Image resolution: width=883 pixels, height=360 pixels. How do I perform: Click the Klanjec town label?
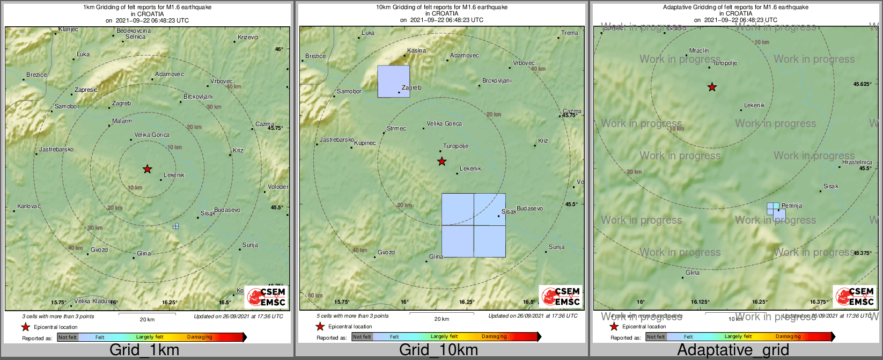tap(68, 29)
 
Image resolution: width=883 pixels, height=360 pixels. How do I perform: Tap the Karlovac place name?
tap(28, 206)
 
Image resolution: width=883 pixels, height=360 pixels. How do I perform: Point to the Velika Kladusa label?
tap(94, 301)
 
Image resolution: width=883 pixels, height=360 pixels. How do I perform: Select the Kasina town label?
tap(416, 50)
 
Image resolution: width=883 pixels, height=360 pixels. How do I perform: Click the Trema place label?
tap(570, 33)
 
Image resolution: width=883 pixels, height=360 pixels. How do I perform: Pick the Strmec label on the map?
tap(396, 128)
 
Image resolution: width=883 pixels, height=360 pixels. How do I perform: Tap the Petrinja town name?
tap(792, 205)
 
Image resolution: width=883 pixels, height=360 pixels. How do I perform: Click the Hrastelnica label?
tap(857, 162)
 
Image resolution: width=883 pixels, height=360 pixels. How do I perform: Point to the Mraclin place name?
tap(699, 50)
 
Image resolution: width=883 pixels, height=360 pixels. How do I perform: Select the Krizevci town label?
tap(248, 37)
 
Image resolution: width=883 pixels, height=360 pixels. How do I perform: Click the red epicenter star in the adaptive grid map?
tap(712, 87)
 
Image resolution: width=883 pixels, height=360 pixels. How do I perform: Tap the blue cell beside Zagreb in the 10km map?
tap(393, 81)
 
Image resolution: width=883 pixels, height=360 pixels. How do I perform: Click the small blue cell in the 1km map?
tap(175, 226)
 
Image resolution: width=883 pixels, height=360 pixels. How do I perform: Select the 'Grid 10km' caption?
tap(438, 350)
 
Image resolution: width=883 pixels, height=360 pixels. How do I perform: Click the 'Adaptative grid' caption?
tap(733, 350)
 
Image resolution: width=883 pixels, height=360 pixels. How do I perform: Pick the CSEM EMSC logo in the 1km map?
tap(267, 297)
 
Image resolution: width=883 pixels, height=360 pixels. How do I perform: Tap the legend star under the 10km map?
tap(320, 327)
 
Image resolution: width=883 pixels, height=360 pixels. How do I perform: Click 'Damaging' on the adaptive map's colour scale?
tap(788, 336)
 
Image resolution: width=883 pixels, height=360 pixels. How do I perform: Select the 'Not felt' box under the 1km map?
tap(68, 337)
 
